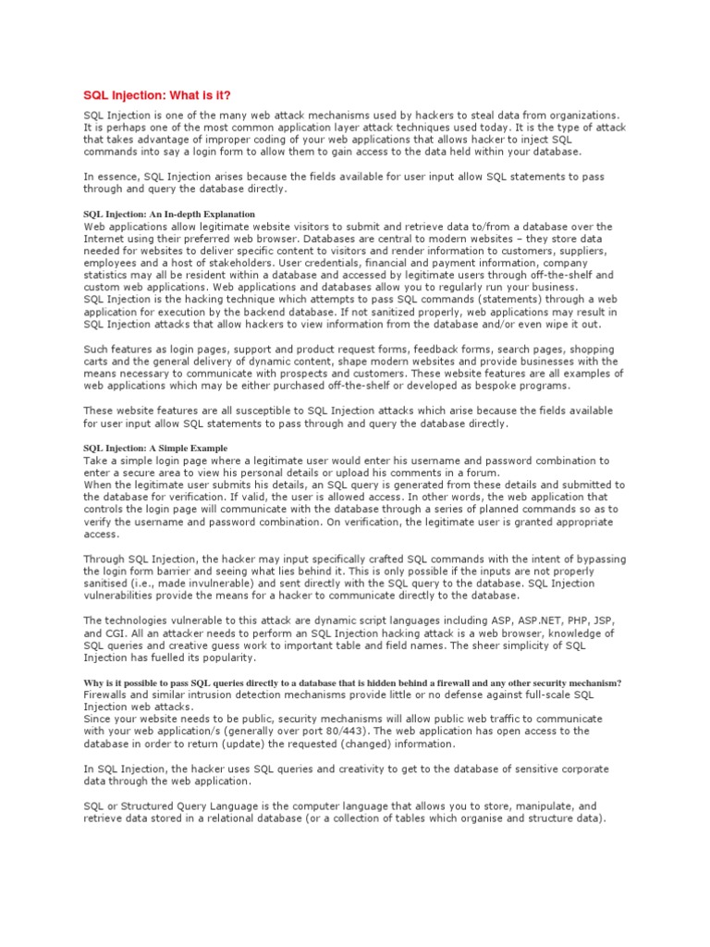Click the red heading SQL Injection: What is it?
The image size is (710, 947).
click(x=157, y=95)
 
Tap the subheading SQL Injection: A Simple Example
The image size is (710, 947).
click(x=155, y=448)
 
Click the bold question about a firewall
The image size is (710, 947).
click(x=352, y=683)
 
